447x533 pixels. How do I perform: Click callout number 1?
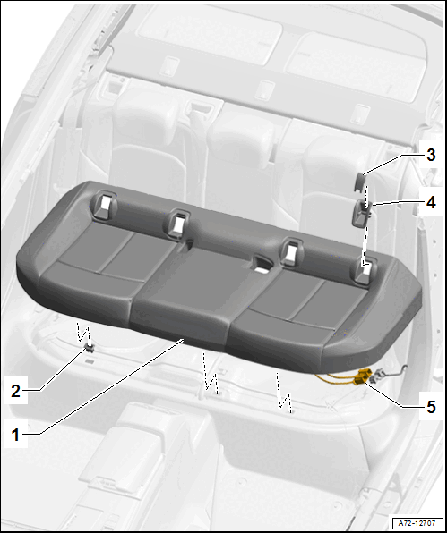pyautogui.click(x=15, y=435)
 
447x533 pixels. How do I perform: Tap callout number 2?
pyautogui.click(x=15, y=391)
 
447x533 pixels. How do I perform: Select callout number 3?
pyautogui.click(x=431, y=155)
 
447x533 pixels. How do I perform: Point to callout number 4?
pyautogui.click(x=431, y=203)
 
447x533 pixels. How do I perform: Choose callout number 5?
pyautogui.click(x=431, y=407)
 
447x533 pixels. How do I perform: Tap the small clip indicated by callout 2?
pyautogui.click(x=90, y=347)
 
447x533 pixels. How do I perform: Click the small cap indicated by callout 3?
pyautogui.click(x=360, y=181)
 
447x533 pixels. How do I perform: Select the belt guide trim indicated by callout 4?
pyautogui.click(x=361, y=213)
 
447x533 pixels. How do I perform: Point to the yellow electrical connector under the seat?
pyautogui.click(x=362, y=376)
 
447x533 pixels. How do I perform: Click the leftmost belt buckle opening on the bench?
pyautogui.click(x=103, y=205)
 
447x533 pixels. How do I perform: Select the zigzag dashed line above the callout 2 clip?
pyautogui.click(x=82, y=333)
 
